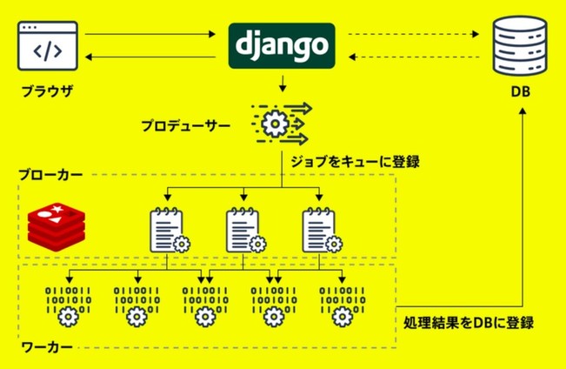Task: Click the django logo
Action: pyautogui.click(x=281, y=44)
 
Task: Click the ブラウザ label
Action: pyautogui.click(x=50, y=91)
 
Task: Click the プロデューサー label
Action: pyautogui.click(x=187, y=125)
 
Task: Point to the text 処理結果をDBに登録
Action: pyautogui.click(x=469, y=323)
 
